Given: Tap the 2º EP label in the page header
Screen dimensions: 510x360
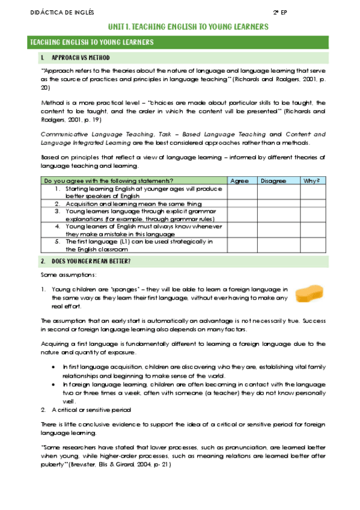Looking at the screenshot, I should pyautogui.click(x=281, y=13).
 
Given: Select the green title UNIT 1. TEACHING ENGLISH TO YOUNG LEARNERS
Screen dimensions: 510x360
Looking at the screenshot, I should pyautogui.click(x=188, y=28).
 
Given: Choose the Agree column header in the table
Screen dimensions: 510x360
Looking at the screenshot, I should pyautogui.click(x=239, y=180).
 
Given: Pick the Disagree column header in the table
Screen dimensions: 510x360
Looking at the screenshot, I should pyautogui.click(x=273, y=180).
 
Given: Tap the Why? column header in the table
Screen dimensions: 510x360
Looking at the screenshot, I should pyautogui.click(x=311, y=180).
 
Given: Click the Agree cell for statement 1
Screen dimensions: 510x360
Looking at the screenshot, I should pyautogui.click(x=242, y=192).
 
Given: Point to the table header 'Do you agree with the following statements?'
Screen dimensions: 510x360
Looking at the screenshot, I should pyautogui.click(x=105, y=180).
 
